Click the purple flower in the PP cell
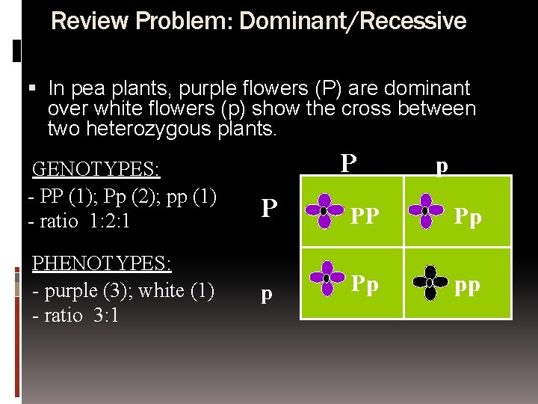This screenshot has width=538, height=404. [x=324, y=210]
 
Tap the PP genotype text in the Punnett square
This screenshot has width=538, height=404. [x=365, y=217]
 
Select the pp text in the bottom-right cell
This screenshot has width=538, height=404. [x=468, y=285]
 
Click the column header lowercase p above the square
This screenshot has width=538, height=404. [x=442, y=166]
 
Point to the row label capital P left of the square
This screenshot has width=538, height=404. [x=270, y=209]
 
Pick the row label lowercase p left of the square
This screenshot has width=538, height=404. [x=267, y=294]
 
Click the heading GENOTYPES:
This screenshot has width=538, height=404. [x=96, y=169]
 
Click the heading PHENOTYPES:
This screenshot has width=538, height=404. [x=101, y=263]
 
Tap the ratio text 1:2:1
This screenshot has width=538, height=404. [x=107, y=222]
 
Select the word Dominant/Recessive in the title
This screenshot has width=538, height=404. [x=351, y=21]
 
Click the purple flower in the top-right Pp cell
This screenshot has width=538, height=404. [x=425, y=210]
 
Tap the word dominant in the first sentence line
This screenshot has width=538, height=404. [x=422, y=88]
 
